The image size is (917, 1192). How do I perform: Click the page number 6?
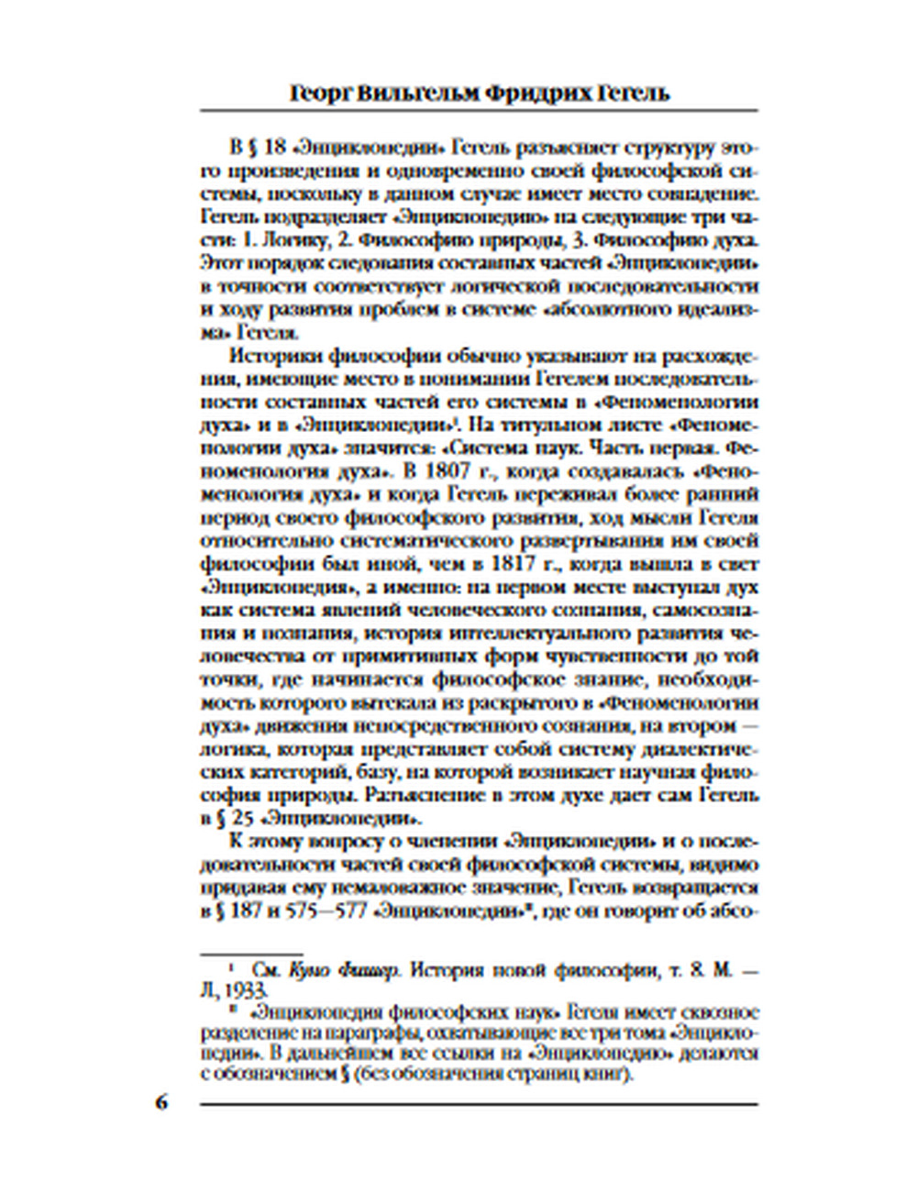point(161,1101)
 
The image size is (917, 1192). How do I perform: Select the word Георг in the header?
point(321,93)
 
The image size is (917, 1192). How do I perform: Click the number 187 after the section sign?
point(243,911)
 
